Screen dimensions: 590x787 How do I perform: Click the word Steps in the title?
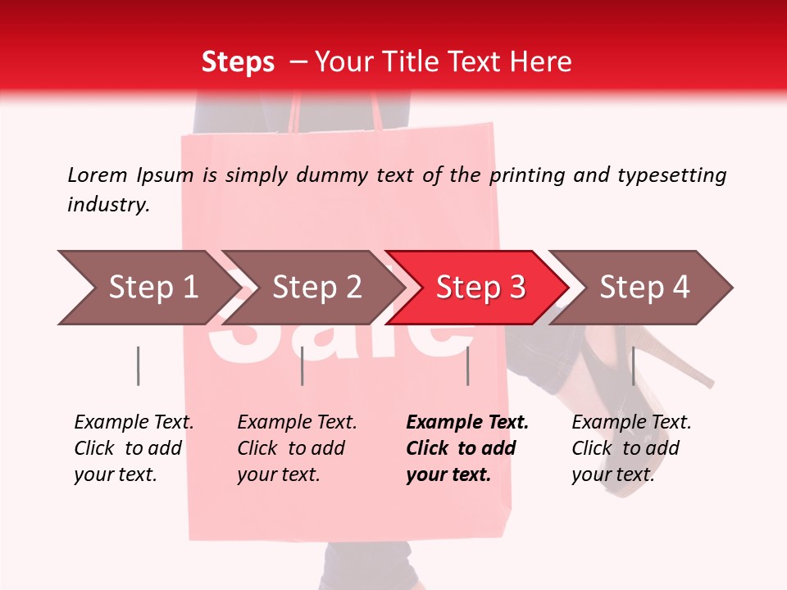click(x=238, y=62)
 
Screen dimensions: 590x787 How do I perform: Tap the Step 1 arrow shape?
click(x=148, y=288)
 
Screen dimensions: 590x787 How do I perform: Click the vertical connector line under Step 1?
click(x=138, y=365)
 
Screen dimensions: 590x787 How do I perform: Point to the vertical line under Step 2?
click(x=303, y=365)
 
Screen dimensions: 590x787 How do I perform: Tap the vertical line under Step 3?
click(x=467, y=365)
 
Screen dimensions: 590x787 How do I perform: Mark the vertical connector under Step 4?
click(x=633, y=365)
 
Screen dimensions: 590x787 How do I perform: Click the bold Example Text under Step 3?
click(x=466, y=448)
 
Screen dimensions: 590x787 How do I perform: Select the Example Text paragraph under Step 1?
click(x=133, y=448)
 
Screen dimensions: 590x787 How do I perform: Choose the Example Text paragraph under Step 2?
click(x=296, y=448)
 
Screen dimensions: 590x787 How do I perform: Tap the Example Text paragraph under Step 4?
click(x=630, y=448)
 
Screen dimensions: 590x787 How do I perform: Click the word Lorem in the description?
click(x=97, y=175)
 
